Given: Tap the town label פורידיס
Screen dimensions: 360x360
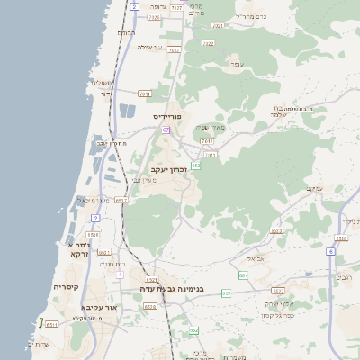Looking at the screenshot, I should (167, 116).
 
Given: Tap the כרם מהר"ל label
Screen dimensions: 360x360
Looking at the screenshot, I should (250, 17).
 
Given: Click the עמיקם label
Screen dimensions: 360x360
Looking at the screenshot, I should (314, 188).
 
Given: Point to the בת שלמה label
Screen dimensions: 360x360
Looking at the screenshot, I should (287, 111).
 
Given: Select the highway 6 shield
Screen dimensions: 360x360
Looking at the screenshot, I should (330, 251).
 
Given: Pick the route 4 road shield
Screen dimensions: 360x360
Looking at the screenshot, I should (119, 274).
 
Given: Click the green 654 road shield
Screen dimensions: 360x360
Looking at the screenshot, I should (243, 274).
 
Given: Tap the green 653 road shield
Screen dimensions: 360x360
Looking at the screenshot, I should (226, 293).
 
